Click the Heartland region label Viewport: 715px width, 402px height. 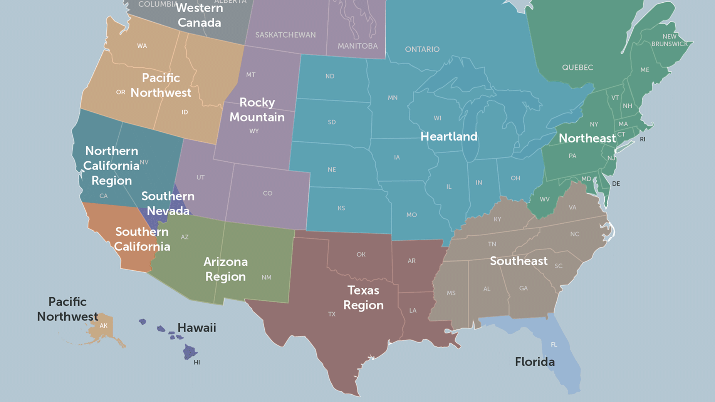click(449, 136)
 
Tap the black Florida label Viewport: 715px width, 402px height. click(535, 362)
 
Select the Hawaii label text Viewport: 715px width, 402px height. click(196, 328)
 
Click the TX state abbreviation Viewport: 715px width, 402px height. click(332, 314)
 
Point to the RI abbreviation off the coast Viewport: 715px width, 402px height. click(643, 139)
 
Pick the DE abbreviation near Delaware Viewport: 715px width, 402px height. click(616, 184)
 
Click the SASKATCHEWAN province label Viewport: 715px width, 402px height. click(285, 35)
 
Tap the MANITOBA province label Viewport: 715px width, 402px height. click(357, 46)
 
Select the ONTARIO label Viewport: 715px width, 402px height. click(422, 49)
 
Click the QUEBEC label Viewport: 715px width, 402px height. click(577, 67)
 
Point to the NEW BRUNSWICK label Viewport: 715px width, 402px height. click(670, 40)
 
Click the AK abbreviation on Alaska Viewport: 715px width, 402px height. click(104, 326)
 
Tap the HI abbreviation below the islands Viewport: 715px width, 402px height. click(197, 362)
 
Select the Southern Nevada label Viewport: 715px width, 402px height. click(168, 203)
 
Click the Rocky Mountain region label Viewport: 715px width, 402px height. click(257, 110)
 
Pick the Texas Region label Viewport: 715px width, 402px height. click(363, 298)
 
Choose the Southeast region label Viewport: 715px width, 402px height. click(519, 261)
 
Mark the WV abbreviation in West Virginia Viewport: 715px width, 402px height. click(544, 199)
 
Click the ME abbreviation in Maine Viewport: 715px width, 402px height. click(645, 70)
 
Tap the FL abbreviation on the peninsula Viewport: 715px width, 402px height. click(554, 345)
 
